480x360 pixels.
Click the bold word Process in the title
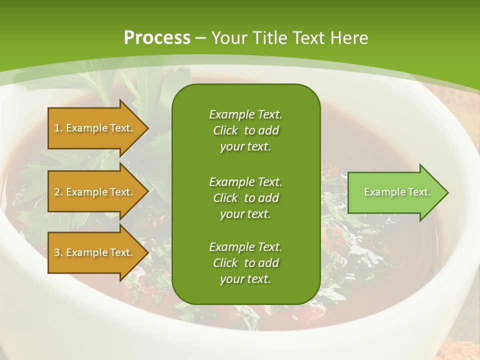pos(157,38)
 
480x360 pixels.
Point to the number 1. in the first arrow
pos(58,128)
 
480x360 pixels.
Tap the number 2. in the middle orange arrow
pos(58,192)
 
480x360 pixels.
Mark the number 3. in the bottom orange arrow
pos(58,252)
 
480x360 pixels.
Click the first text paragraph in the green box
pos(245,130)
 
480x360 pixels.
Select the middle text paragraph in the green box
pos(245,198)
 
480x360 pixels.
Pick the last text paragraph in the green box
pos(245,263)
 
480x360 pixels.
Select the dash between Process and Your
pos(201,38)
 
